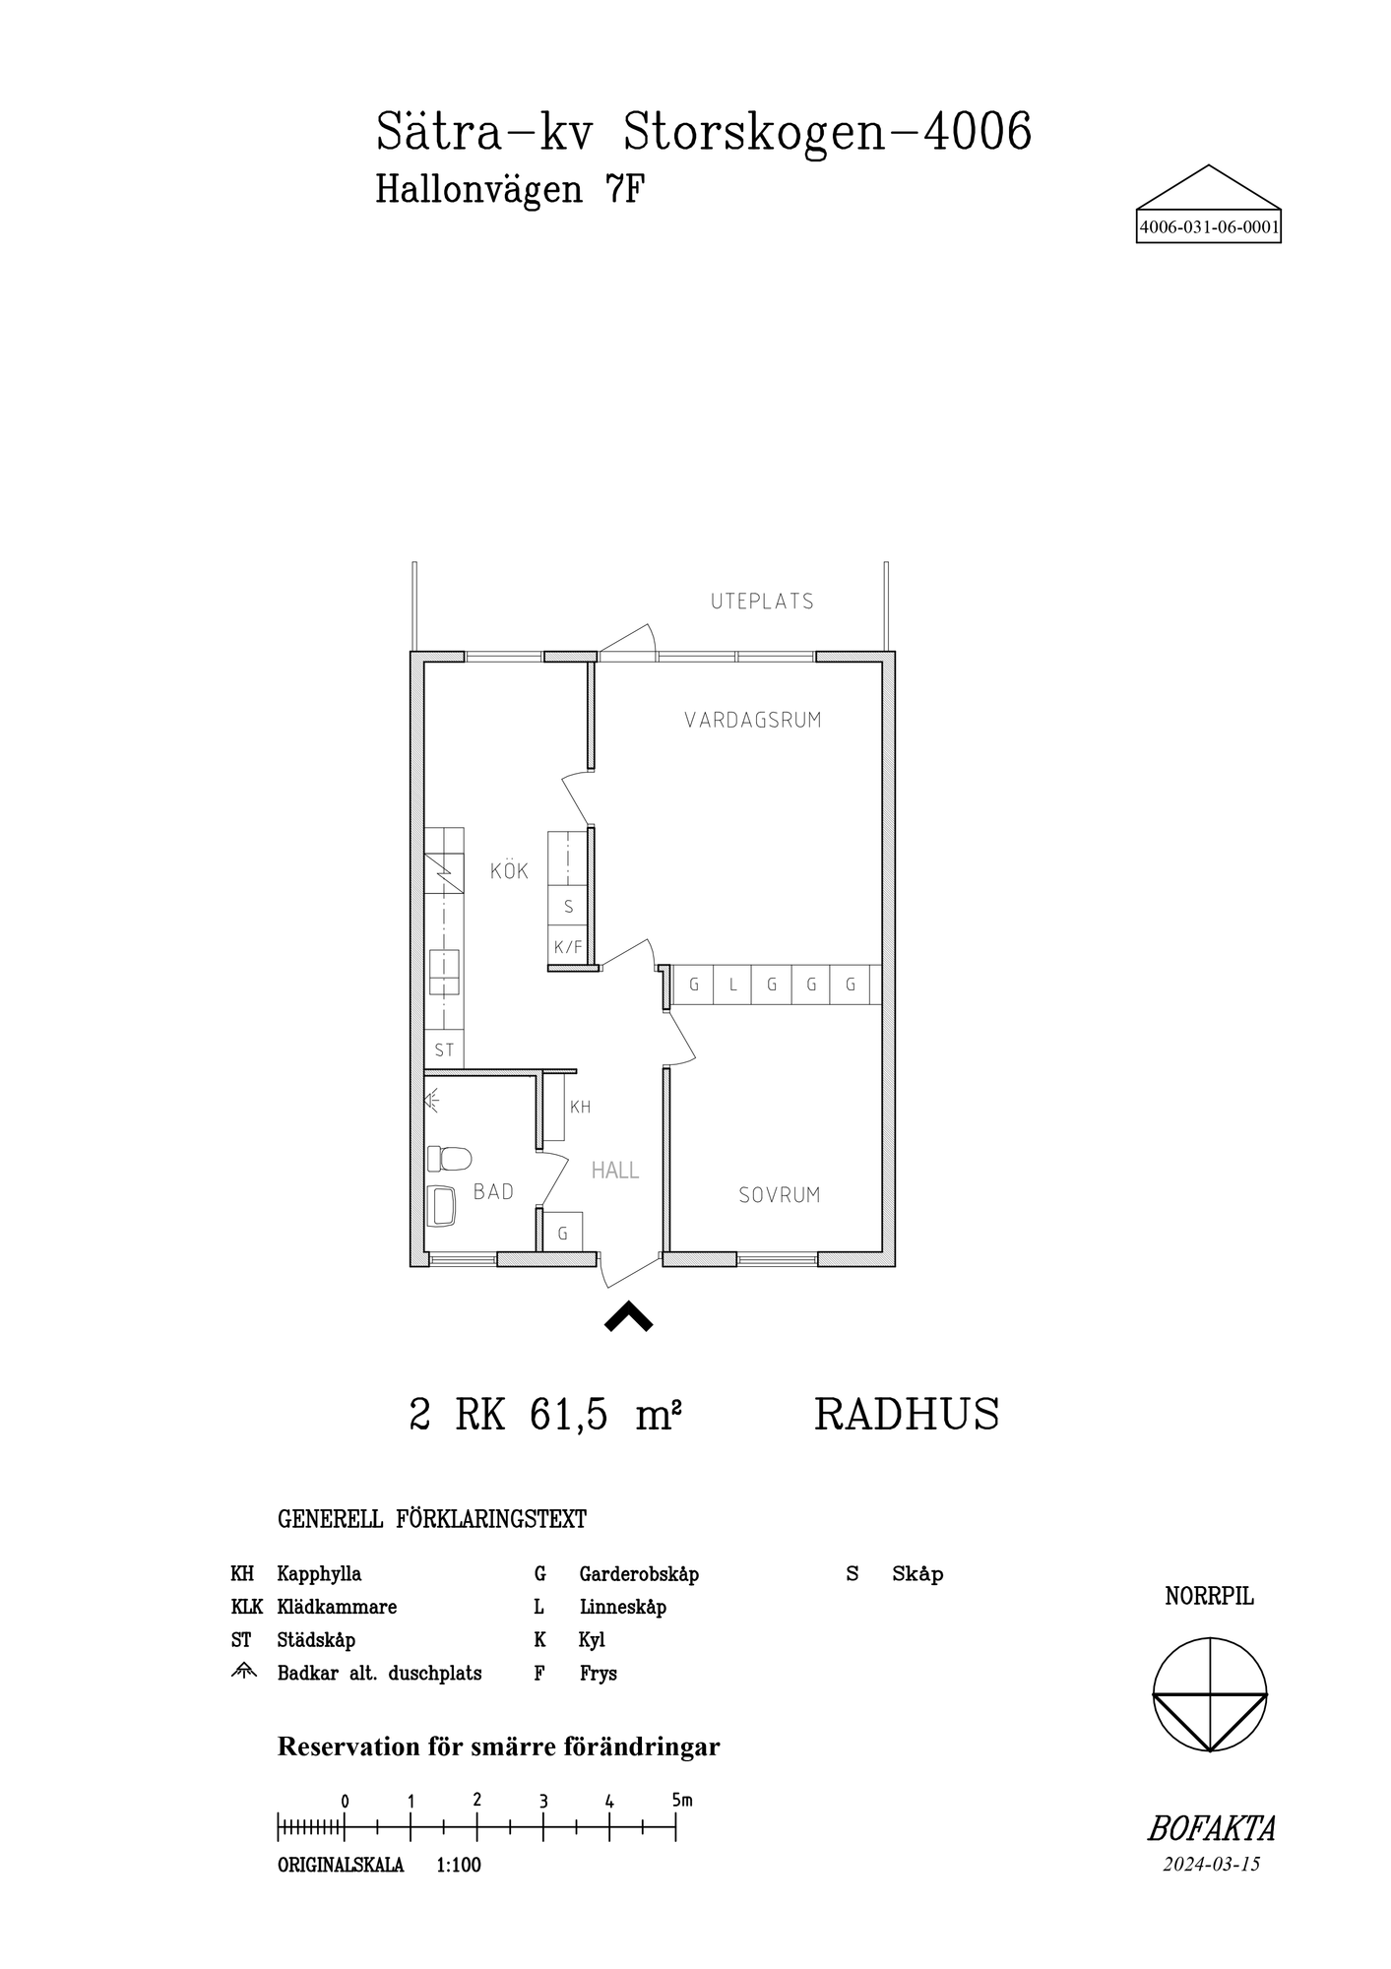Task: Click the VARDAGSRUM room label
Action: click(753, 720)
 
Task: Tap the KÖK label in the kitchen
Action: click(509, 870)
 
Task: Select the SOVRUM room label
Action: click(779, 1195)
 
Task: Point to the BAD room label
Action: click(493, 1192)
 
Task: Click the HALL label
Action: click(615, 1171)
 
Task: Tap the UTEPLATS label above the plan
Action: click(762, 601)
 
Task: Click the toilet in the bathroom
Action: click(450, 1158)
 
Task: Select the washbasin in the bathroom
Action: click(443, 1205)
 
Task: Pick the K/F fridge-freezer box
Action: click(568, 947)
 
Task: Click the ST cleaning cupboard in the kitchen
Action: click(444, 1050)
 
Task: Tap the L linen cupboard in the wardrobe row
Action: click(732, 984)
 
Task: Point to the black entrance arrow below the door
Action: click(628, 1316)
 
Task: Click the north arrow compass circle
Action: click(1209, 1694)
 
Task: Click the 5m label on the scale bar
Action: click(681, 1800)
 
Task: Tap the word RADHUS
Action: click(907, 1415)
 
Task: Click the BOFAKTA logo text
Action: click(1211, 1829)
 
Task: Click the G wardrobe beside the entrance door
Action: click(563, 1233)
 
